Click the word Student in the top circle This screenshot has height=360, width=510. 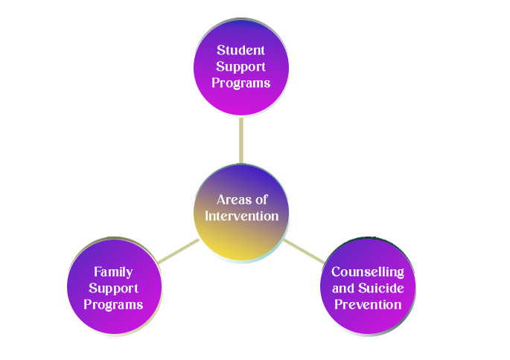coord(240,51)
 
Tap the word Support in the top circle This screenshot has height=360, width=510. coord(240,67)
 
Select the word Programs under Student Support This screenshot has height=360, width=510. coord(240,83)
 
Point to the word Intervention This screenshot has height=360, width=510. coord(242,216)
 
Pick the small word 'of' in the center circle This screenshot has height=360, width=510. coord(260,199)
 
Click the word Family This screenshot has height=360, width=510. coord(113,271)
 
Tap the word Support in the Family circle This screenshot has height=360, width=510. coord(113,288)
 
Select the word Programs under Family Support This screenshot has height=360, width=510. coord(113,304)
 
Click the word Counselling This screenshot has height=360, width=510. coord(368,271)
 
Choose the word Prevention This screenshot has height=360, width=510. coord(368,304)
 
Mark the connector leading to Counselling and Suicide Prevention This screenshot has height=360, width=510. coord(304,250)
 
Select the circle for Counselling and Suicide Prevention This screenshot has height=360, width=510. coord(368,321)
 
